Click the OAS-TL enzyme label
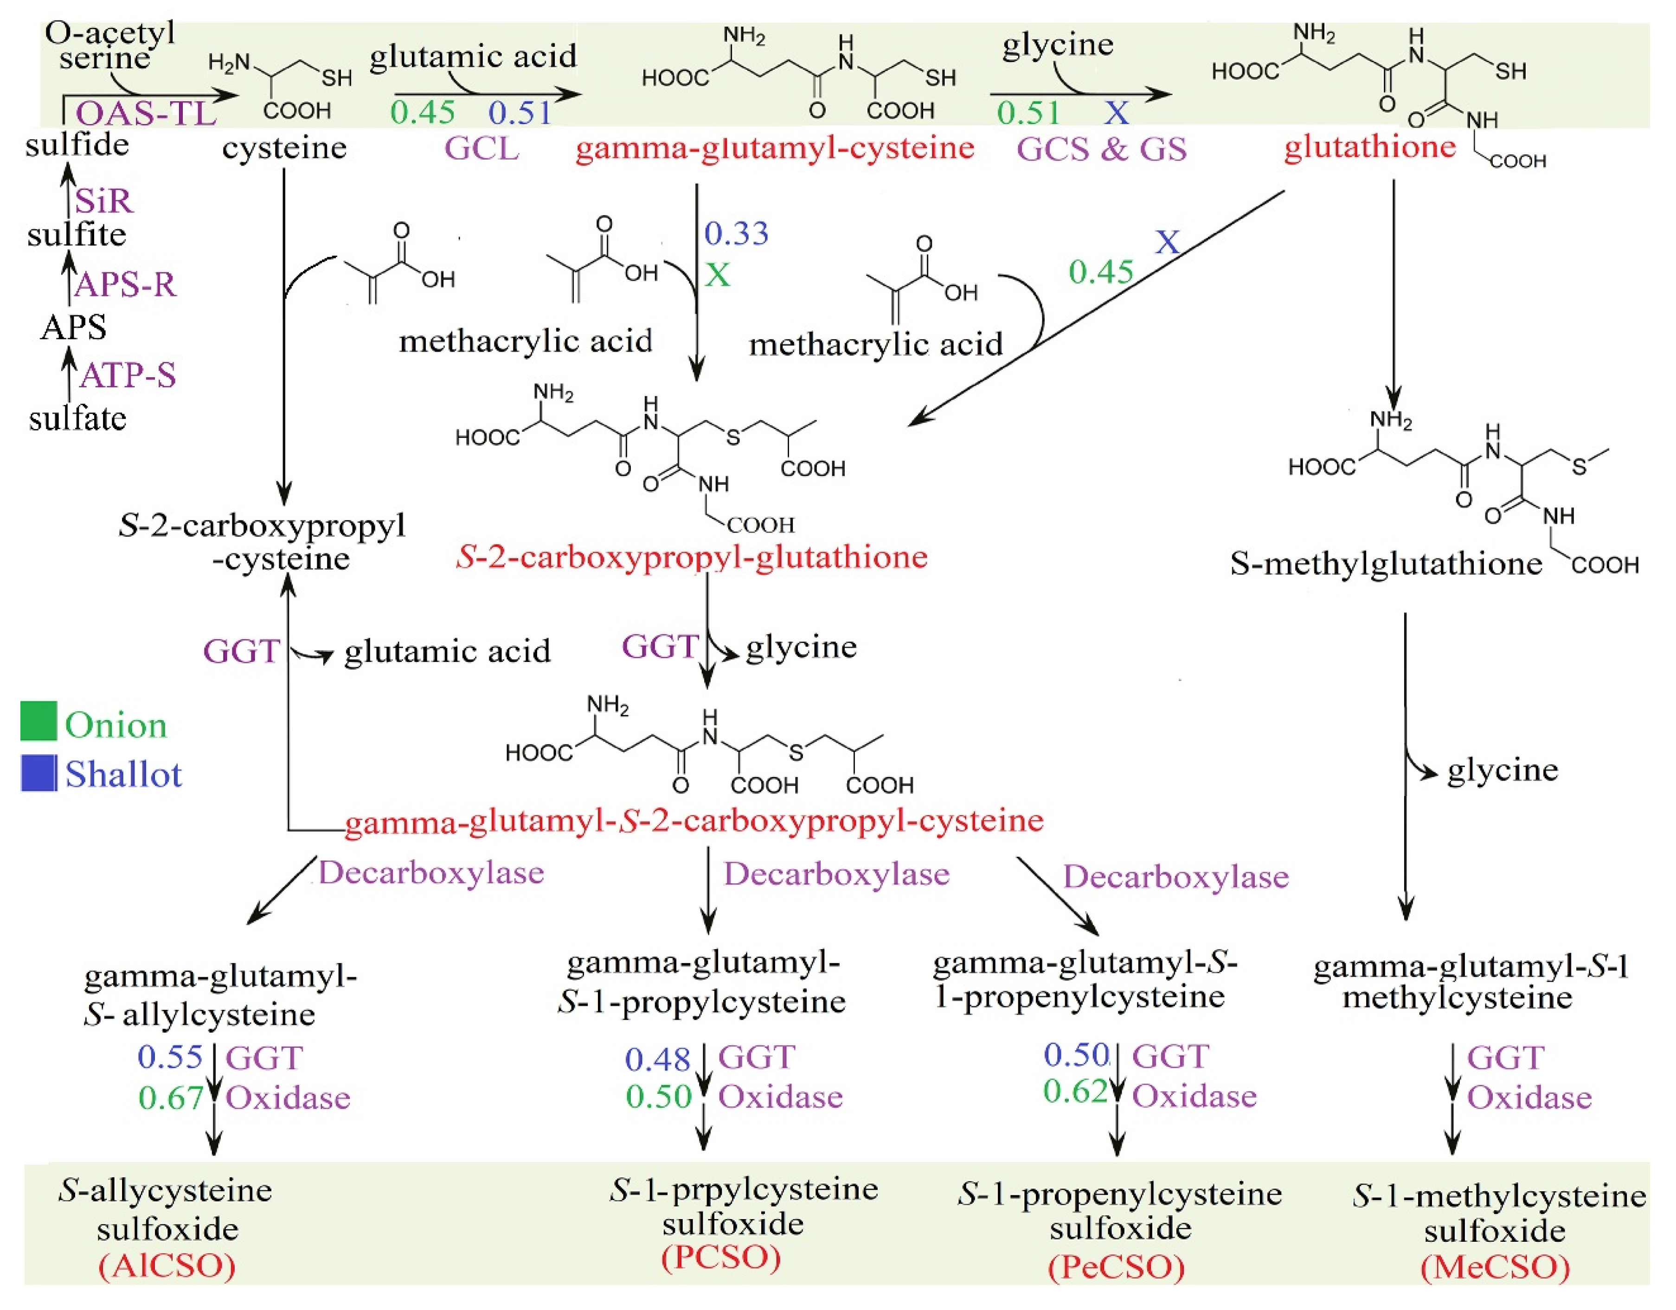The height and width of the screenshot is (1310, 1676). [146, 114]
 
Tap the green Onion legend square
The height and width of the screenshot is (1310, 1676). [39, 721]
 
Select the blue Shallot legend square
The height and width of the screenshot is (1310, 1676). [39, 773]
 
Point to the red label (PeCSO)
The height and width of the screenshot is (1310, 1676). [1117, 1266]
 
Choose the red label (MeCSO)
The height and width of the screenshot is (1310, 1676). [1495, 1266]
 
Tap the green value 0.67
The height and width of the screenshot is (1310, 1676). [170, 1098]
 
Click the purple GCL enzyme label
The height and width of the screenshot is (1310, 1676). [482, 148]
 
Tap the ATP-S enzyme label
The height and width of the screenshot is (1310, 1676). [128, 375]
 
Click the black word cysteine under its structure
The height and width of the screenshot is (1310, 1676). [284, 148]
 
